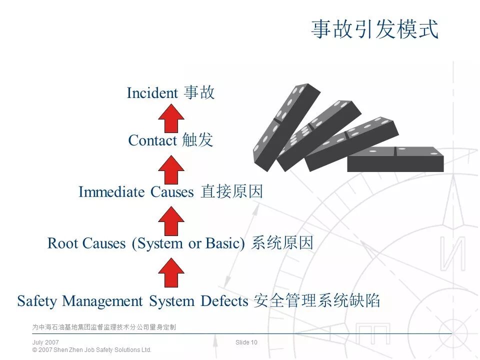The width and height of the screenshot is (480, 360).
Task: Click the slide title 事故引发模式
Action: click(374, 29)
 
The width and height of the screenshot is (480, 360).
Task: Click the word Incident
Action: click(152, 93)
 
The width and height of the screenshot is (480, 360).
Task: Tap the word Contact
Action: click(152, 140)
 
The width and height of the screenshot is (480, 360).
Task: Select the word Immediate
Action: click(112, 192)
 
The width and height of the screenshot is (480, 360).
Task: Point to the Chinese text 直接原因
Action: click(231, 192)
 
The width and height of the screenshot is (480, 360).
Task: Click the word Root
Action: click(62, 243)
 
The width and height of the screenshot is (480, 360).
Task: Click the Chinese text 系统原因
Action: click(282, 243)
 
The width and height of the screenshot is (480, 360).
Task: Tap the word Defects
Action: click(224, 301)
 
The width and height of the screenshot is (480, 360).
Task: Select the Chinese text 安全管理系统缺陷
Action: click(317, 301)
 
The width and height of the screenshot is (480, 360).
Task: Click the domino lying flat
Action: click(395, 159)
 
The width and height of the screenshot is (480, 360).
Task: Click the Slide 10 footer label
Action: click(246, 342)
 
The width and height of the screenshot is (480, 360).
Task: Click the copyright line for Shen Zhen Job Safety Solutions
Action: click(91, 350)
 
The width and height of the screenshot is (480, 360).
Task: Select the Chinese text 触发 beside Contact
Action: click(197, 140)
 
